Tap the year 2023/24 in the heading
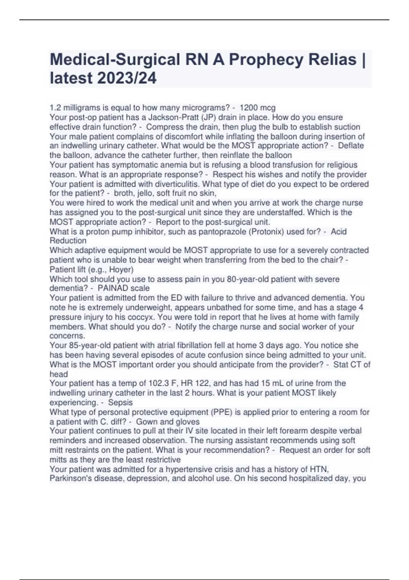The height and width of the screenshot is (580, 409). [127, 78]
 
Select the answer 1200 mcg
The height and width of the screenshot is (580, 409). [258, 108]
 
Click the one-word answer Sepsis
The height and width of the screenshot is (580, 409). [120, 402]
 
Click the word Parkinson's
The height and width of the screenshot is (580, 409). [71, 478]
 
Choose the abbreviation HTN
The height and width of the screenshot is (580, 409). [319, 469]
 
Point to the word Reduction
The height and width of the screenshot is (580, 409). [68, 241]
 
